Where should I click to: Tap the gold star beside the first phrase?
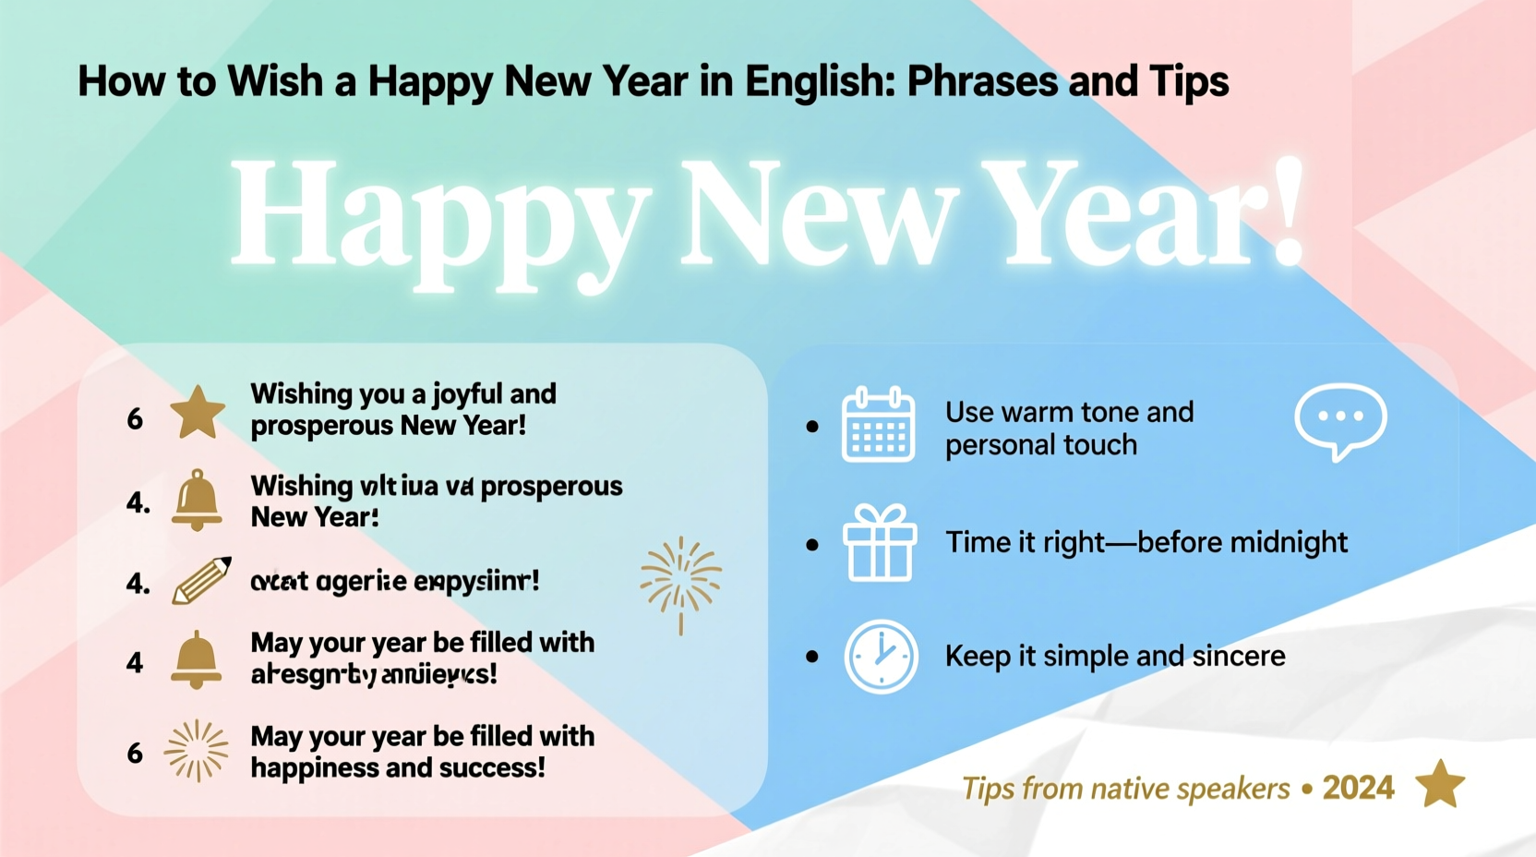click(198, 413)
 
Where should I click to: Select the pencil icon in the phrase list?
click(201, 581)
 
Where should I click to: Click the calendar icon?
click(878, 426)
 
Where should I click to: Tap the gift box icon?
click(879, 543)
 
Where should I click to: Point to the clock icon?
click(881, 657)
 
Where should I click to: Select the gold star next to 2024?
click(1440, 784)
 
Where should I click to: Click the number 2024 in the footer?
click(1358, 788)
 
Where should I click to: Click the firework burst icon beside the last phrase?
click(196, 751)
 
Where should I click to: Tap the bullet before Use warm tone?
click(812, 427)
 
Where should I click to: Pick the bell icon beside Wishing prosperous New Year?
click(197, 501)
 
